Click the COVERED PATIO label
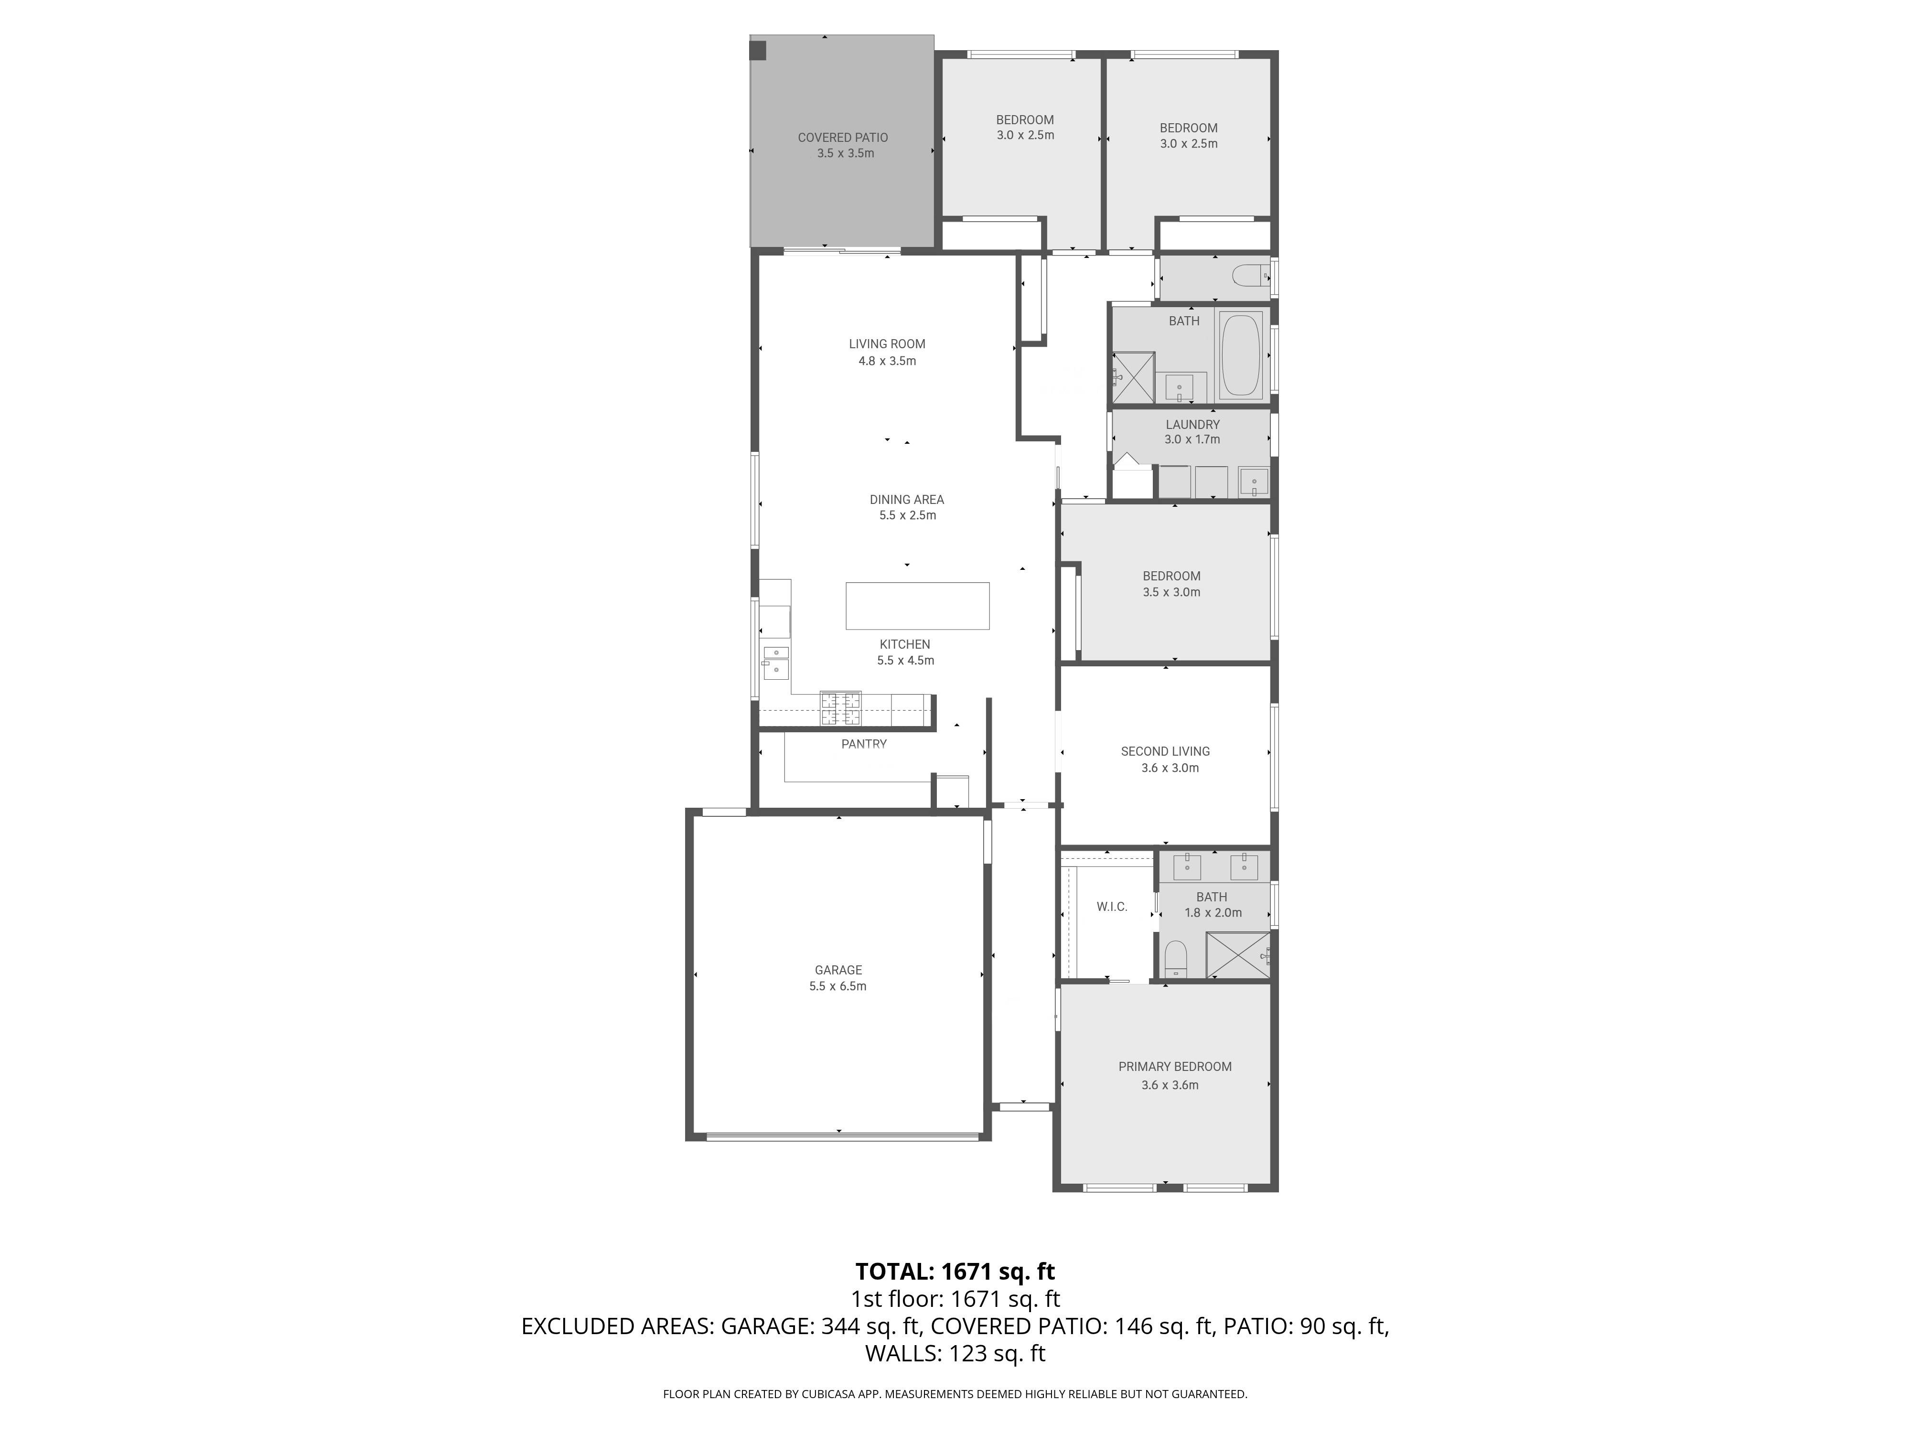842,138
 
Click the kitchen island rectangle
917,606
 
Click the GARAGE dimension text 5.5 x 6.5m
837,986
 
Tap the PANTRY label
863,744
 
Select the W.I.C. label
1112,906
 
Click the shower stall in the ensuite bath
1238,955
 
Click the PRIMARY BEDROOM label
1175,1067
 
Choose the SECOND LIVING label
1165,751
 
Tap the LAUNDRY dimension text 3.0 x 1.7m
1192,439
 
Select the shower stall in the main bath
1133,377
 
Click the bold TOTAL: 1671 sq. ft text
955,1272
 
